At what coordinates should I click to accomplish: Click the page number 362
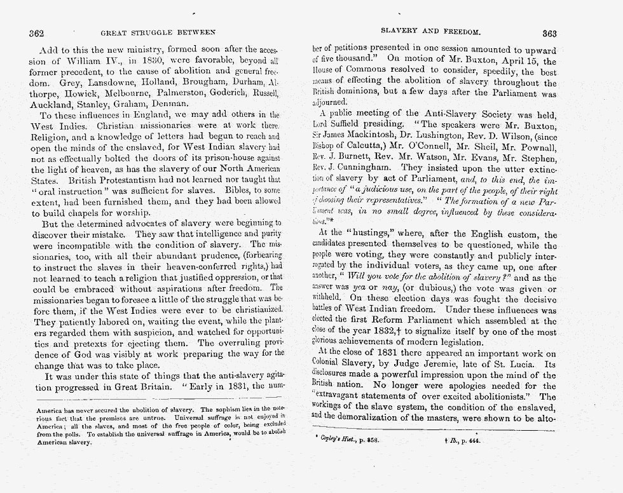[x=36, y=32]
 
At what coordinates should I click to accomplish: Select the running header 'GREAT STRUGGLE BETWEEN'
[x=158, y=32]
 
